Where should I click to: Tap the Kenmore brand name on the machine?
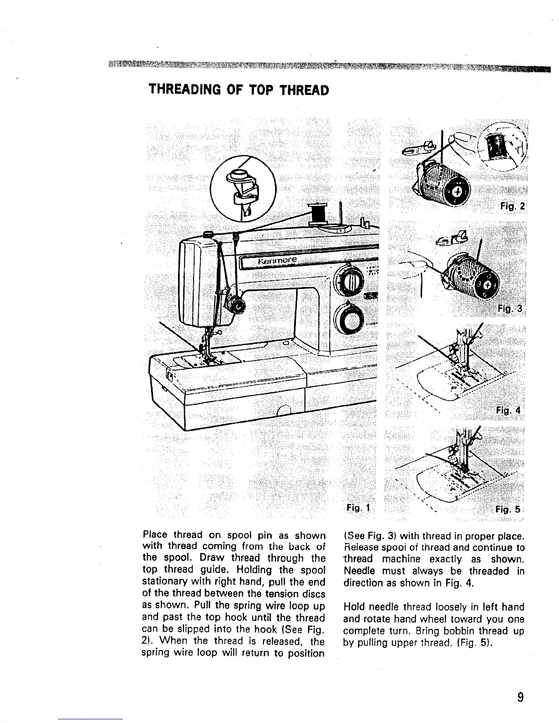click(x=278, y=261)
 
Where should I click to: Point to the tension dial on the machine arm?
click(x=237, y=304)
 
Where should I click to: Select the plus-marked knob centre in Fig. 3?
click(x=487, y=285)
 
